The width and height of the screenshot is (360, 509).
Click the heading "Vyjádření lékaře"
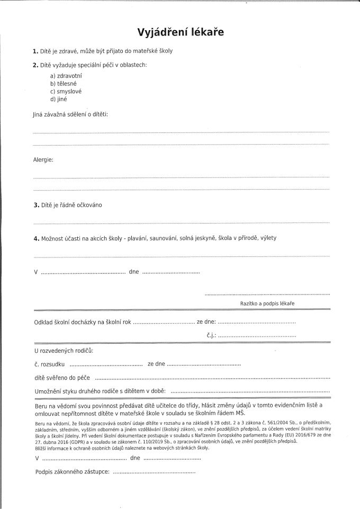tap(180, 32)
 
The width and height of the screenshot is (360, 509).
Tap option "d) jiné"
tap(59, 99)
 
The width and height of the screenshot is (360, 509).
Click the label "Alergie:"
tap(43, 159)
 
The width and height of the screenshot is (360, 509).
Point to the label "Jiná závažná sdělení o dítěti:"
tap(70, 114)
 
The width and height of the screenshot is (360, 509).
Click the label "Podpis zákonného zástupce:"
tap(72, 471)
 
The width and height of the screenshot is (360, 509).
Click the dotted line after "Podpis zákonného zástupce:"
tap(155, 472)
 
